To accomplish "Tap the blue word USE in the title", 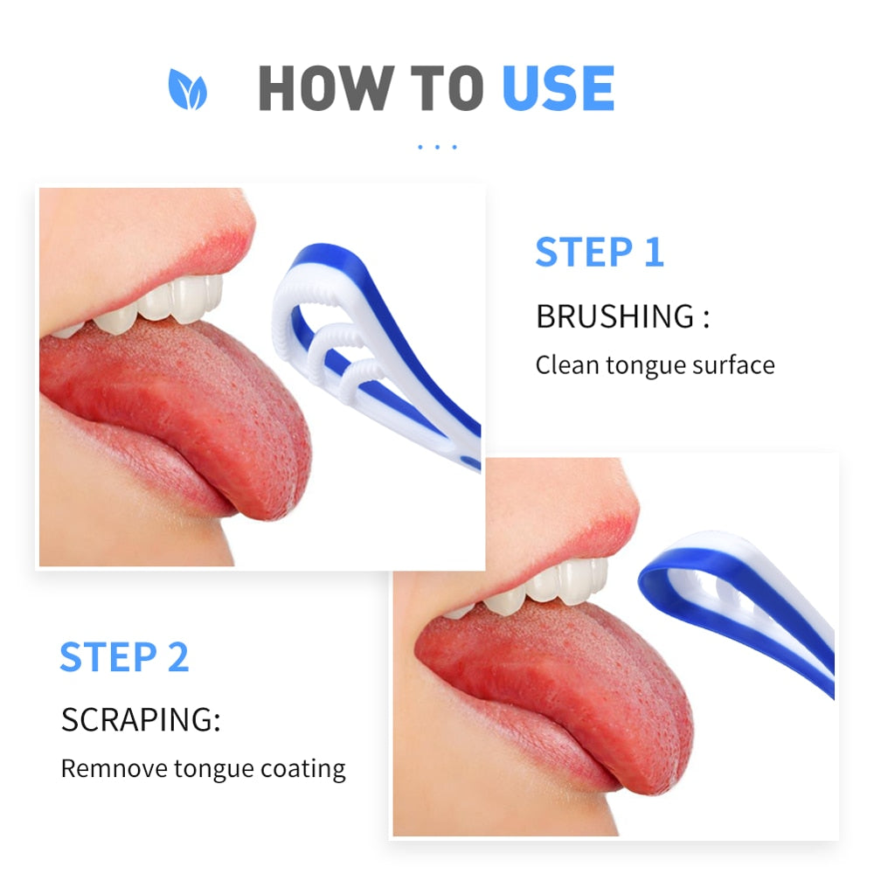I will point(558,88).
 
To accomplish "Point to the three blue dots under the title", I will point(437,147).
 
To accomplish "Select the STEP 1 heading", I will point(600,253).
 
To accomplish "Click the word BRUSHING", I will point(615,316).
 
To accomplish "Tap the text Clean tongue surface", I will point(655,364).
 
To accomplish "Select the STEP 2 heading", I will point(124,657).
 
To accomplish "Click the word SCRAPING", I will point(139,720).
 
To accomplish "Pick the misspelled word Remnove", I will point(114,769).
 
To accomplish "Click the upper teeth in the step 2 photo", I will point(551,584).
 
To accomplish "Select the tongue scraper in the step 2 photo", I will point(743,603).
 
